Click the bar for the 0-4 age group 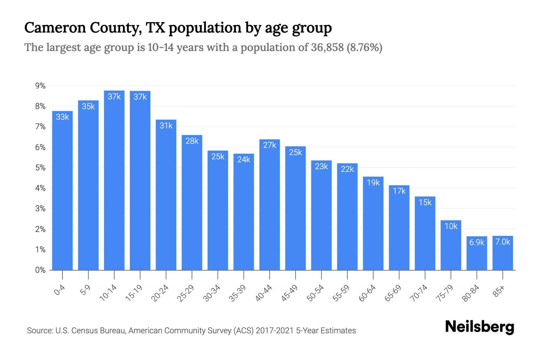[62, 192]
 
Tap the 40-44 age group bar [270, 207]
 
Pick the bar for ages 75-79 [451, 246]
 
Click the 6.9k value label [477, 242]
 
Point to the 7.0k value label [503, 241]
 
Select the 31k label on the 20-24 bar [166, 125]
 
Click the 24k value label [244, 159]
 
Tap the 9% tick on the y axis [40, 86]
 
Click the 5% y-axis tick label [40, 168]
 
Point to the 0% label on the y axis [40, 270]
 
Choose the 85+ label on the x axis [499, 291]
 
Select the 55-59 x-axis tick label [341, 293]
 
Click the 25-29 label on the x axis [186, 293]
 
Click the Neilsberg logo [479, 327]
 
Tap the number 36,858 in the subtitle [327, 47]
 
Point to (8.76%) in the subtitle [364, 47]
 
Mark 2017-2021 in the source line [274, 331]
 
